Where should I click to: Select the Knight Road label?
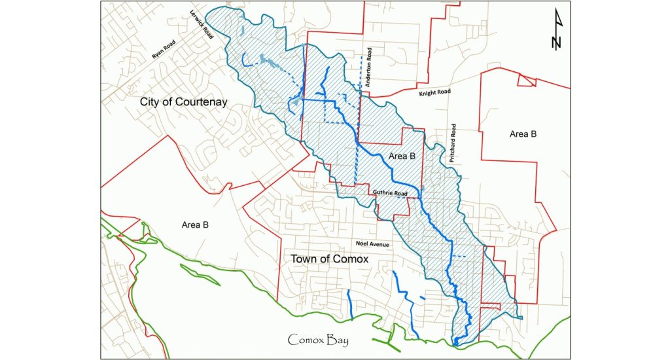(435, 94)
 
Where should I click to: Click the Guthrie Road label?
(391, 194)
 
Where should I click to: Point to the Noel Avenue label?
(369, 244)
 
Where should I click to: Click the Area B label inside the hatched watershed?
(402, 156)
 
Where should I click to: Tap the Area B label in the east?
(523, 134)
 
